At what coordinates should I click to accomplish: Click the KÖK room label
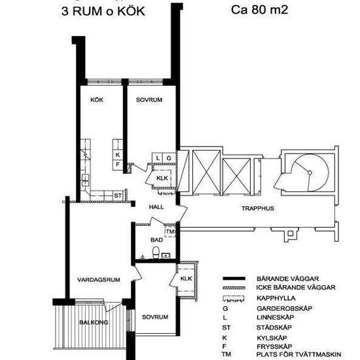point(97,100)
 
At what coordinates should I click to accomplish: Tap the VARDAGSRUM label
point(99,279)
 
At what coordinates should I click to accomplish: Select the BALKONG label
point(94,322)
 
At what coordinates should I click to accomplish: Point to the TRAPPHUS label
point(258,208)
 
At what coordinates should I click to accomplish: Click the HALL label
point(156,207)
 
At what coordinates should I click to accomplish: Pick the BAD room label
point(156,240)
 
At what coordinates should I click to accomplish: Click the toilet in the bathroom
point(156,252)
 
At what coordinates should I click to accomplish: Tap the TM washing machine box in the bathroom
point(170,232)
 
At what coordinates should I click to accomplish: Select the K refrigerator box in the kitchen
point(118,154)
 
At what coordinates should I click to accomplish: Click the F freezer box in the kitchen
point(118,165)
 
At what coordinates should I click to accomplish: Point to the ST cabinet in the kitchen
point(118,196)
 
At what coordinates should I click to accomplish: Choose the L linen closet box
point(158,158)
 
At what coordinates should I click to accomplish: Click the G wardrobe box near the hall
point(169,158)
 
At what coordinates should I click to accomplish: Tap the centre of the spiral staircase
point(310,173)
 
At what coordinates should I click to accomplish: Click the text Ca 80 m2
point(259,10)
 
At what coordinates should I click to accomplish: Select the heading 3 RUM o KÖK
point(103,11)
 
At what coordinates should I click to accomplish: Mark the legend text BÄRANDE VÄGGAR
point(288,279)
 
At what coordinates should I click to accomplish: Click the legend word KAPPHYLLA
point(276,298)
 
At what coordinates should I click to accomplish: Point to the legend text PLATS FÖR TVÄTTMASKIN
point(298,354)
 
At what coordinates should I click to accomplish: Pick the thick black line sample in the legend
point(234,278)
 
